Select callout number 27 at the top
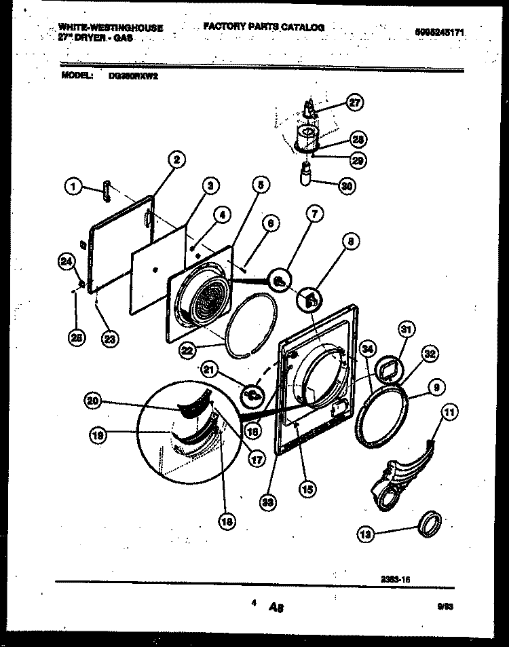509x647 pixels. click(x=354, y=103)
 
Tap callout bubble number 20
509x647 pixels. click(x=94, y=402)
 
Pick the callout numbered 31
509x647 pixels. click(x=405, y=330)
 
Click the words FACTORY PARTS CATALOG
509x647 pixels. click(x=263, y=27)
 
